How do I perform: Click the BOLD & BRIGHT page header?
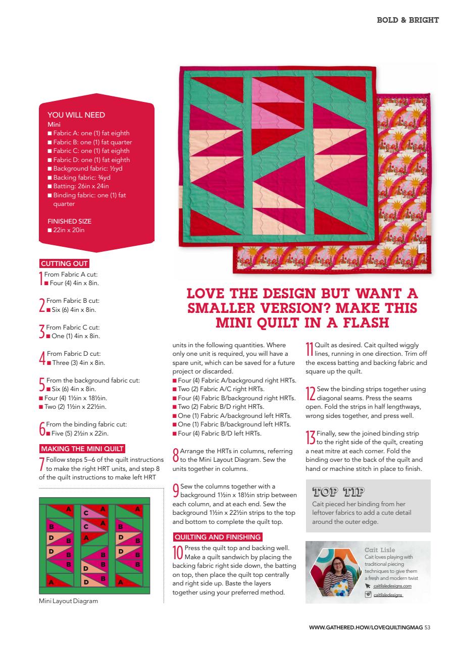click(x=408, y=20)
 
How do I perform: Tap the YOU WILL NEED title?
click(x=76, y=115)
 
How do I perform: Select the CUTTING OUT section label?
click(x=64, y=263)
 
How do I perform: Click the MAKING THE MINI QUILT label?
click(x=82, y=449)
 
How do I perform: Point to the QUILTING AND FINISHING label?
click(x=217, y=537)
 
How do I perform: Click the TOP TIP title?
click(x=338, y=493)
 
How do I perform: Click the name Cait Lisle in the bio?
click(x=380, y=550)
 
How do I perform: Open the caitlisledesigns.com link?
click(x=392, y=586)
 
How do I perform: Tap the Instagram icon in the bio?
click(x=368, y=595)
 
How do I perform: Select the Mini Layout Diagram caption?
click(x=68, y=601)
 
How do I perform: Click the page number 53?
click(x=427, y=628)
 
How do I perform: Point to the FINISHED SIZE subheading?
click(x=69, y=221)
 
